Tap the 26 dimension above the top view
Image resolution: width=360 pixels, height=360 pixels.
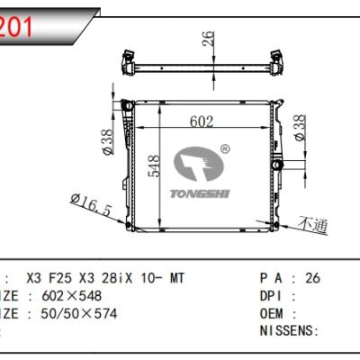pos(207,39)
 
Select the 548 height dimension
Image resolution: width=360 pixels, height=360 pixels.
pos(156,167)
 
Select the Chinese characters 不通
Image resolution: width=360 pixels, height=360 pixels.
pos(314,224)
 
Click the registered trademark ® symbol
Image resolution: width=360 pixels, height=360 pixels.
pos(224,148)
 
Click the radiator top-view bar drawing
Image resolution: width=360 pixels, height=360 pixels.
pos(207,67)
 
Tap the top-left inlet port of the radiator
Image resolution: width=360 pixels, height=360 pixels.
pos(128,107)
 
